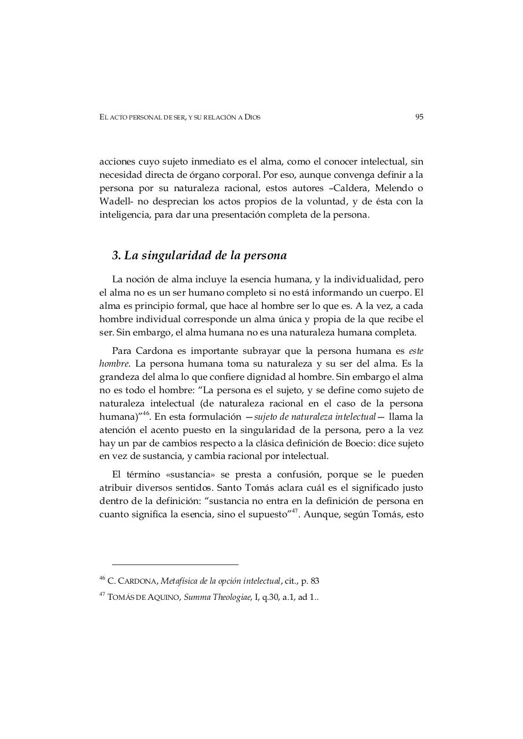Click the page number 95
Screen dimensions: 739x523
(x=419, y=117)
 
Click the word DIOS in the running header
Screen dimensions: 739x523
(x=252, y=117)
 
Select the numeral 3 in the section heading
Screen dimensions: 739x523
(x=116, y=255)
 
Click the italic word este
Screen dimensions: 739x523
(x=416, y=351)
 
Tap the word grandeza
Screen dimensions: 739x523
(x=118, y=376)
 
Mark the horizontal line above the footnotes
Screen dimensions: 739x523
(x=175, y=564)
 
